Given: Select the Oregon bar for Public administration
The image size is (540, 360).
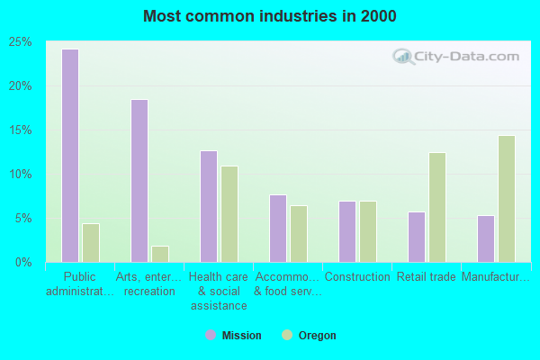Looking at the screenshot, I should (x=90, y=243).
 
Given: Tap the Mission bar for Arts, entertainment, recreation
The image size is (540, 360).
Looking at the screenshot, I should (x=139, y=181).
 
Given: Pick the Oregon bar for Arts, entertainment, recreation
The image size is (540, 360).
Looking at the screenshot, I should (x=160, y=254).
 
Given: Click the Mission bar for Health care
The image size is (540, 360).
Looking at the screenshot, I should (x=209, y=206).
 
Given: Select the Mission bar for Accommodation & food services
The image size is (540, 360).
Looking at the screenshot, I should (x=278, y=229).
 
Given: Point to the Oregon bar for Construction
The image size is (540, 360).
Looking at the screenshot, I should (x=368, y=231).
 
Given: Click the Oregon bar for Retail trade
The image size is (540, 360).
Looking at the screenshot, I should (x=437, y=207).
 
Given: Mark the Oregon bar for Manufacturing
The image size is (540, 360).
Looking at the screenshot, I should (x=507, y=199).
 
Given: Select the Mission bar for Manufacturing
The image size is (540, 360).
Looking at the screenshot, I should (x=486, y=238).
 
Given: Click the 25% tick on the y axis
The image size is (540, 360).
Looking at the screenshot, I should (x=22, y=42).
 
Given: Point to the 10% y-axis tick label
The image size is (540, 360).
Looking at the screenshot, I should (x=22, y=175).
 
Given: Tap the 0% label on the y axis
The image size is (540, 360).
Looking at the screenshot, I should (x=24, y=263).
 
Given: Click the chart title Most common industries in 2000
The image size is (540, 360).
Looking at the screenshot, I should (x=270, y=16).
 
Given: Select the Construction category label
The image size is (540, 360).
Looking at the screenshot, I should (x=356, y=277).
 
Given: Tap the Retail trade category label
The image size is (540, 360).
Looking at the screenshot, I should (x=427, y=277).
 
